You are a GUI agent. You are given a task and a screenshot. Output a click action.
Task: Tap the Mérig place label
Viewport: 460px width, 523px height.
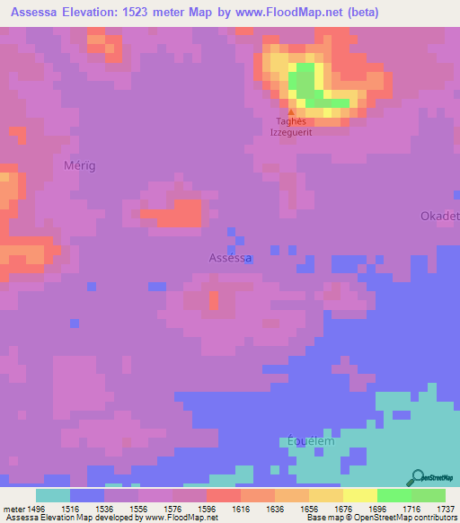point(80,165)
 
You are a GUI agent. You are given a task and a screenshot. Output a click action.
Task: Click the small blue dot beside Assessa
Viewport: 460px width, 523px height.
point(249,258)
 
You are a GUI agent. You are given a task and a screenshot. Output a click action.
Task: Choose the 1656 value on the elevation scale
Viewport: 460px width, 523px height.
point(310,507)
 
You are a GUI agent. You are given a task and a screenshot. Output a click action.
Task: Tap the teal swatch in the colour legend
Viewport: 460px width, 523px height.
point(53,495)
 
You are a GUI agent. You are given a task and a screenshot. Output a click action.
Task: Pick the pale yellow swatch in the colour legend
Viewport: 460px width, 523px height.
point(360,495)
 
